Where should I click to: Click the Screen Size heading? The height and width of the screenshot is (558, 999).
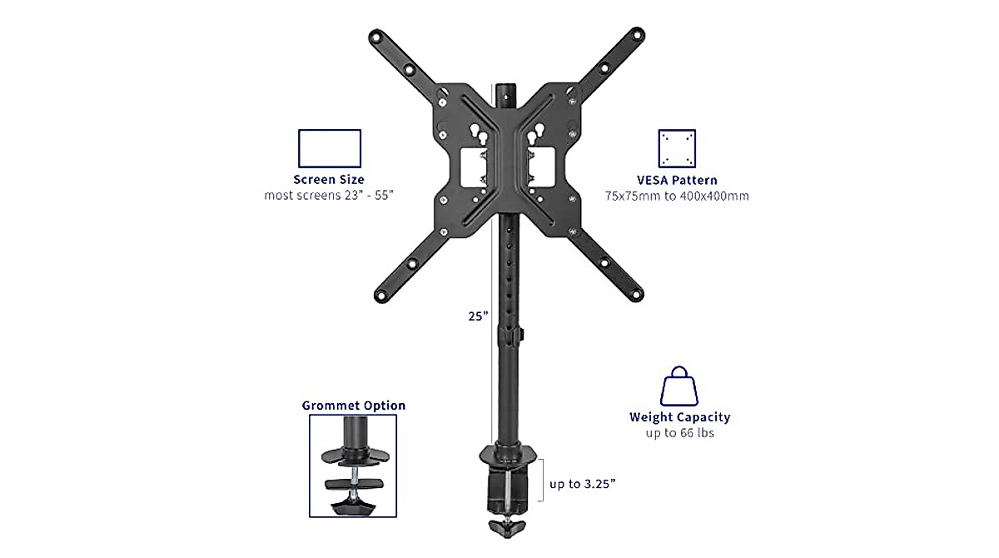pos(329,179)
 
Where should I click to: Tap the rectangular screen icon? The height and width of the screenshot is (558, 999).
pos(330,148)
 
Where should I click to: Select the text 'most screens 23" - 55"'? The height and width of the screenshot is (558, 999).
pos(329,196)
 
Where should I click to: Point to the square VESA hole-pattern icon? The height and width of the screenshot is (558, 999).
pos(676,148)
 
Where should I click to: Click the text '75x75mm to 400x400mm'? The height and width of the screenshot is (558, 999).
pos(677,197)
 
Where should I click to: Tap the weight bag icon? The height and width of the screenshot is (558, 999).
pos(679,386)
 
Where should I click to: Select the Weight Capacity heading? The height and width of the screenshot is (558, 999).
pos(680,417)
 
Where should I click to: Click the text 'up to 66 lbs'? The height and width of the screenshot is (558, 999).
pos(680,433)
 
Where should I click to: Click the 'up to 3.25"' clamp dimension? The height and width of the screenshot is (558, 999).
pos(582,484)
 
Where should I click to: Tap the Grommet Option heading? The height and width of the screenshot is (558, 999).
pos(354,406)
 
